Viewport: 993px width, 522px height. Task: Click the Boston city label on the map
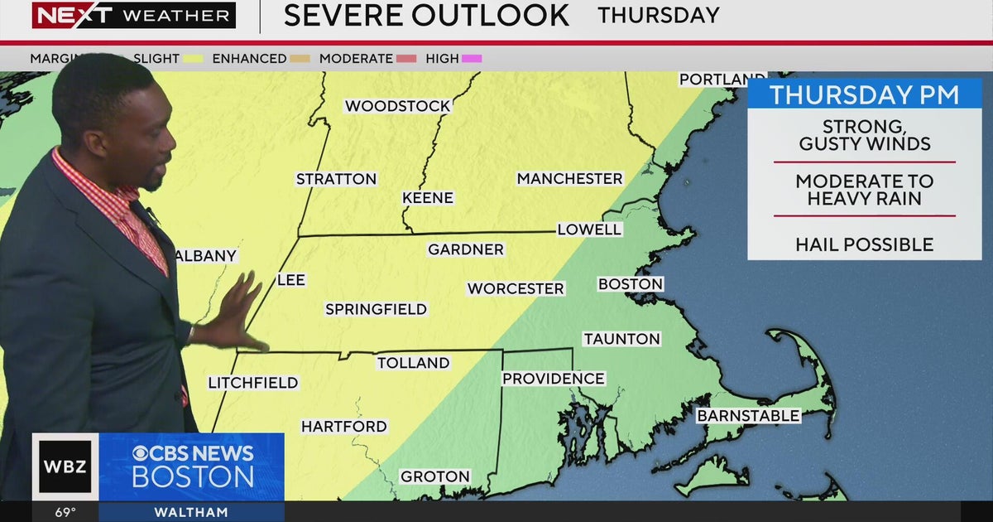631,284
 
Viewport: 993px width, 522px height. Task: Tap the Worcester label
516,288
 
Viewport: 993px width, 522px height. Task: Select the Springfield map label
376,309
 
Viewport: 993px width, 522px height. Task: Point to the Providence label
554,379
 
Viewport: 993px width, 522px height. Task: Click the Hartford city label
343,427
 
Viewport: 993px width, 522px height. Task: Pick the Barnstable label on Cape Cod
748,416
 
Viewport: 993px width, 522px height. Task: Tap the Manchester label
569,179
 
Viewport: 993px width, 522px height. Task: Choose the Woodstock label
397,106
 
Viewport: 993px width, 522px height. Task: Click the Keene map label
428,198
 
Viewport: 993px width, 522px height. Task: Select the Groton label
435,476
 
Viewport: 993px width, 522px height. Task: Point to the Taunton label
621,339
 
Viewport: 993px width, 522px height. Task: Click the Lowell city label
589,230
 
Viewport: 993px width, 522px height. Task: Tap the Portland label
711,80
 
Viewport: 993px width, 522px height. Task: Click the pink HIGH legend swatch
473,59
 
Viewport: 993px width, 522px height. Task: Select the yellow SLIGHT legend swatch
194,59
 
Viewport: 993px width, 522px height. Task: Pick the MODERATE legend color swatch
405,59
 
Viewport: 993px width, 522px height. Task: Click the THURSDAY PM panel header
864,94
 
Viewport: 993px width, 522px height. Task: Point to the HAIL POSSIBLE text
864,244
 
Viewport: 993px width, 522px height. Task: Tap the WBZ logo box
65,466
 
